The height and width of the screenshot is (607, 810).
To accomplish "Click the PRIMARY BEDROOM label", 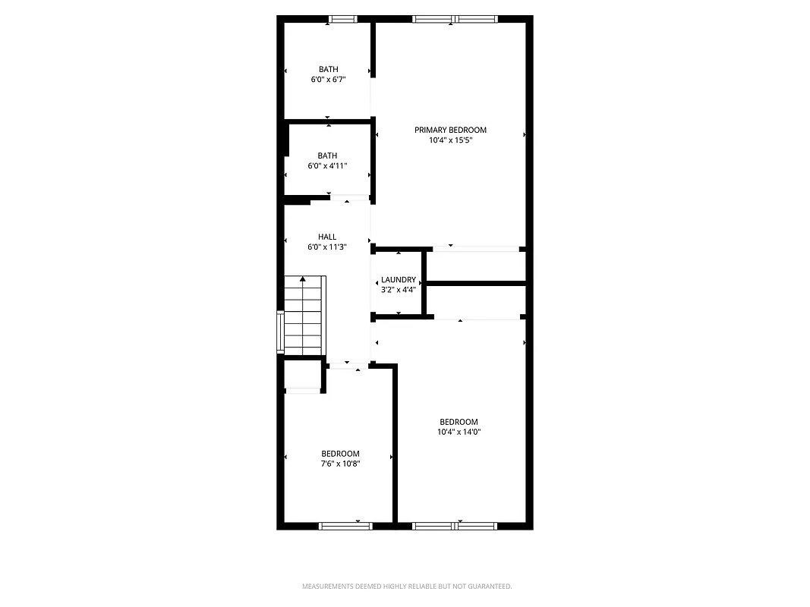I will coord(450,130).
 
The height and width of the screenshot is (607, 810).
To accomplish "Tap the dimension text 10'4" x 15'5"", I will coord(450,140).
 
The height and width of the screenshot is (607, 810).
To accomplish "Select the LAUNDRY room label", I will coord(399,280).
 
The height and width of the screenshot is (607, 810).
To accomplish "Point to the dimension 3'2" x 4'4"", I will coord(399,289).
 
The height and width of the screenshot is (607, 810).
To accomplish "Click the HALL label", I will coord(327,237).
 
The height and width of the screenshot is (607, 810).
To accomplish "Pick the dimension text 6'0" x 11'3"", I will coord(327,247).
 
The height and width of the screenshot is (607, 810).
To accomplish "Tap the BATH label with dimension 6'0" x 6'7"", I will coord(329,70).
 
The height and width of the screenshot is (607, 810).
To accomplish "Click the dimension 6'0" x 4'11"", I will coord(327,165).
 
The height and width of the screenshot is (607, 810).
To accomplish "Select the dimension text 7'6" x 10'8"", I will coord(340,463).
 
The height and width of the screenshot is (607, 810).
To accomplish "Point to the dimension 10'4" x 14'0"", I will coord(459,432).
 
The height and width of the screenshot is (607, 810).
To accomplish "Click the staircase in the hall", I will coord(304,315).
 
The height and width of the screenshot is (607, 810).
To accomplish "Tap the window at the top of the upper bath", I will coord(343,20).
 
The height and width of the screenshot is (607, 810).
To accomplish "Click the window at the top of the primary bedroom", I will coord(455,20).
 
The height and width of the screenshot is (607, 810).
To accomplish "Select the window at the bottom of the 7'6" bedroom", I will coord(345,525).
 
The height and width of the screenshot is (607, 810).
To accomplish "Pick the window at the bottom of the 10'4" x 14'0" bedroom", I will coord(455,525).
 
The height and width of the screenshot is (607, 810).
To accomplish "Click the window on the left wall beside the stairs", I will coord(280,332).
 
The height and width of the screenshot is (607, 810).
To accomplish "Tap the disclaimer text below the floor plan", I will coord(407,587).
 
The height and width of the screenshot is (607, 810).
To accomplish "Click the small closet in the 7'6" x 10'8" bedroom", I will coord(303,376).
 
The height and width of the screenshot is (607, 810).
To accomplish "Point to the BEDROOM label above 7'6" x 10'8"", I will coord(340,454).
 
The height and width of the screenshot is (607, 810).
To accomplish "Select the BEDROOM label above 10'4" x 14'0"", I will coord(459,422).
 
